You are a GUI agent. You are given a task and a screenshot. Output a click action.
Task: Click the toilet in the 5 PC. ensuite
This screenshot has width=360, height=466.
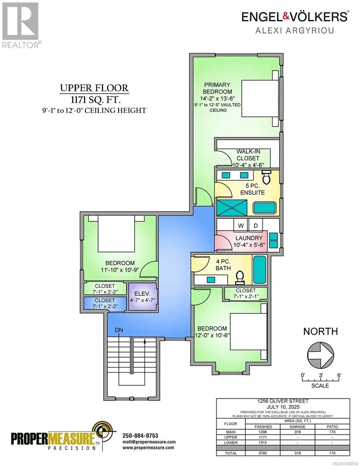(x=266, y=177)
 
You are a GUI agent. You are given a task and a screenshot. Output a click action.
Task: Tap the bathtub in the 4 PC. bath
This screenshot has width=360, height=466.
(x=260, y=270)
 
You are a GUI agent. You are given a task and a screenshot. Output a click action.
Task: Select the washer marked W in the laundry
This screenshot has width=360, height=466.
(x=241, y=225)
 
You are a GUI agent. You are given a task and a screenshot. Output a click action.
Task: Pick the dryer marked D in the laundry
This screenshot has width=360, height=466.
(x=256, y=225)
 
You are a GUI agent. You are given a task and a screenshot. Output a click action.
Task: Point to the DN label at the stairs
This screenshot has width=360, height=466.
(x=119, y=330)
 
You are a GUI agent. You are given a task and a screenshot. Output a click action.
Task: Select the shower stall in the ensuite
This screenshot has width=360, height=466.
(x=232, y=208)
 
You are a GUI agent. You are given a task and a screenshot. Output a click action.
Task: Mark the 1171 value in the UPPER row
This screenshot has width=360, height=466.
(x=263, y=437)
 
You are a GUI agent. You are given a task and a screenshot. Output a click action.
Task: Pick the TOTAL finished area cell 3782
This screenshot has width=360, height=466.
(x=263, y=453)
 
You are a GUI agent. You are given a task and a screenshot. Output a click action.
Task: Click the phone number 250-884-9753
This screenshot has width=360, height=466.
(x=140, y=436)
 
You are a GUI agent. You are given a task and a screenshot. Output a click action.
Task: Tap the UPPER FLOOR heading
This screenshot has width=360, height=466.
(x=94, y=88)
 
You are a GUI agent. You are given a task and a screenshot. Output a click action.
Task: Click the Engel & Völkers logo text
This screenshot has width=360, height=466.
(x=295, y=17)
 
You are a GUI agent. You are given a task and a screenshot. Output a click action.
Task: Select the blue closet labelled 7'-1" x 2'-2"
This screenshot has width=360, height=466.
(x=105, y=303)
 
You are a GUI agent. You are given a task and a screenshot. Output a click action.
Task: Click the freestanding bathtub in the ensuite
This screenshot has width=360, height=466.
(x=265, y=208)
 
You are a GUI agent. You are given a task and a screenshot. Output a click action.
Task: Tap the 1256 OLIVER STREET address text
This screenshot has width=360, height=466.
(x=283, y=401)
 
